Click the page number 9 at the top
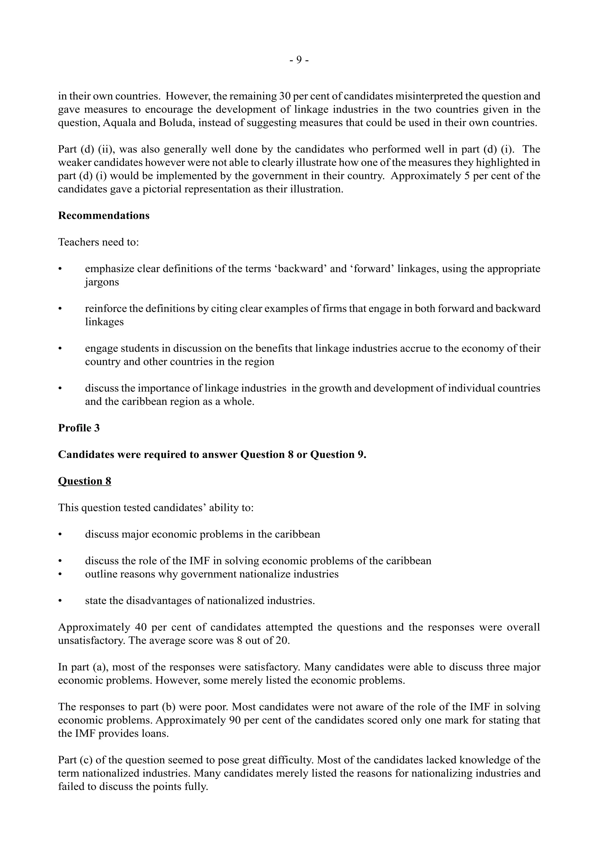pos(299,60)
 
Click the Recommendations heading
pos(104,216)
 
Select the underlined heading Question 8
pos(84,481)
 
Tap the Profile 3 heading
pos(79,428)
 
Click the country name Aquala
pos(120,123)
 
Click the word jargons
pos(102,282)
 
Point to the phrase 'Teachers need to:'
pos(98,242)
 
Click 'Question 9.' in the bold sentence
pos(338,454)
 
